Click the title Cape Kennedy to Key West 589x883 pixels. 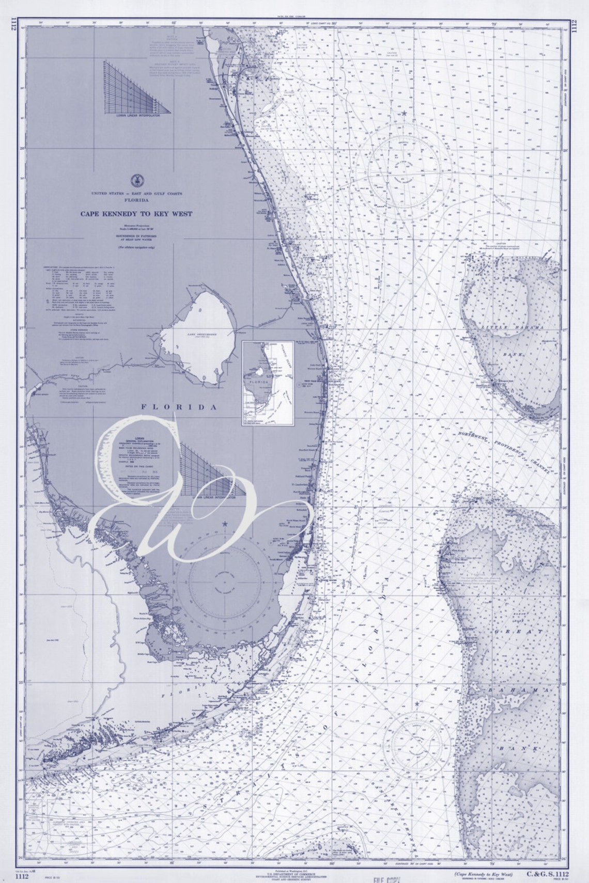tap(135, 213)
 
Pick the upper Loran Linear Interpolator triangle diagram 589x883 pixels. tap(137, 87)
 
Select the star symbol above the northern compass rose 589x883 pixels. tap(403, 113)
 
